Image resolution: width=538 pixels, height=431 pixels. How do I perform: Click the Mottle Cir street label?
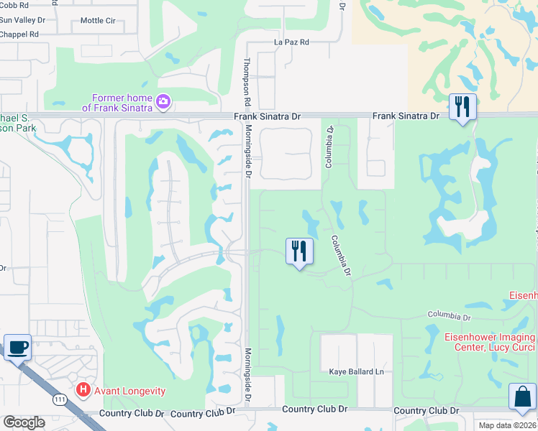tap(98, 21)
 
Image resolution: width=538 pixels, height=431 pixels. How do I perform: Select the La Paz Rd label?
tap(291, 42)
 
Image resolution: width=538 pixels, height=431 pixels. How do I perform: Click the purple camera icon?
tap(163, 101)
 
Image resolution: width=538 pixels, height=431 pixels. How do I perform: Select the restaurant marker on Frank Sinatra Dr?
tap(462, 108)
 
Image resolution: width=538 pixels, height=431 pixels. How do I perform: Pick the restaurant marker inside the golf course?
tap(299, 251)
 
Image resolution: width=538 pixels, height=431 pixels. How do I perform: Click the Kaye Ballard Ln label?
tap(356, 371)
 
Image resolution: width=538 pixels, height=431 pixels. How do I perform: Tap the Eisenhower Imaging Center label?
tap(495, 342)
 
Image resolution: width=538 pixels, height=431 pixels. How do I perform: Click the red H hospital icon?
tap(83, 391)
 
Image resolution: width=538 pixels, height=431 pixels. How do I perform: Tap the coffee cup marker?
tap(17, 347)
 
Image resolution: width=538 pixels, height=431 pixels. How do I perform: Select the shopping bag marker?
tap(522, 397)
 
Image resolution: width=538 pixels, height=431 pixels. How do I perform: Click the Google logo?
tap(24, 422)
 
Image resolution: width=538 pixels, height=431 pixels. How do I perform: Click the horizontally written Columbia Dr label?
tap(448, 316)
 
